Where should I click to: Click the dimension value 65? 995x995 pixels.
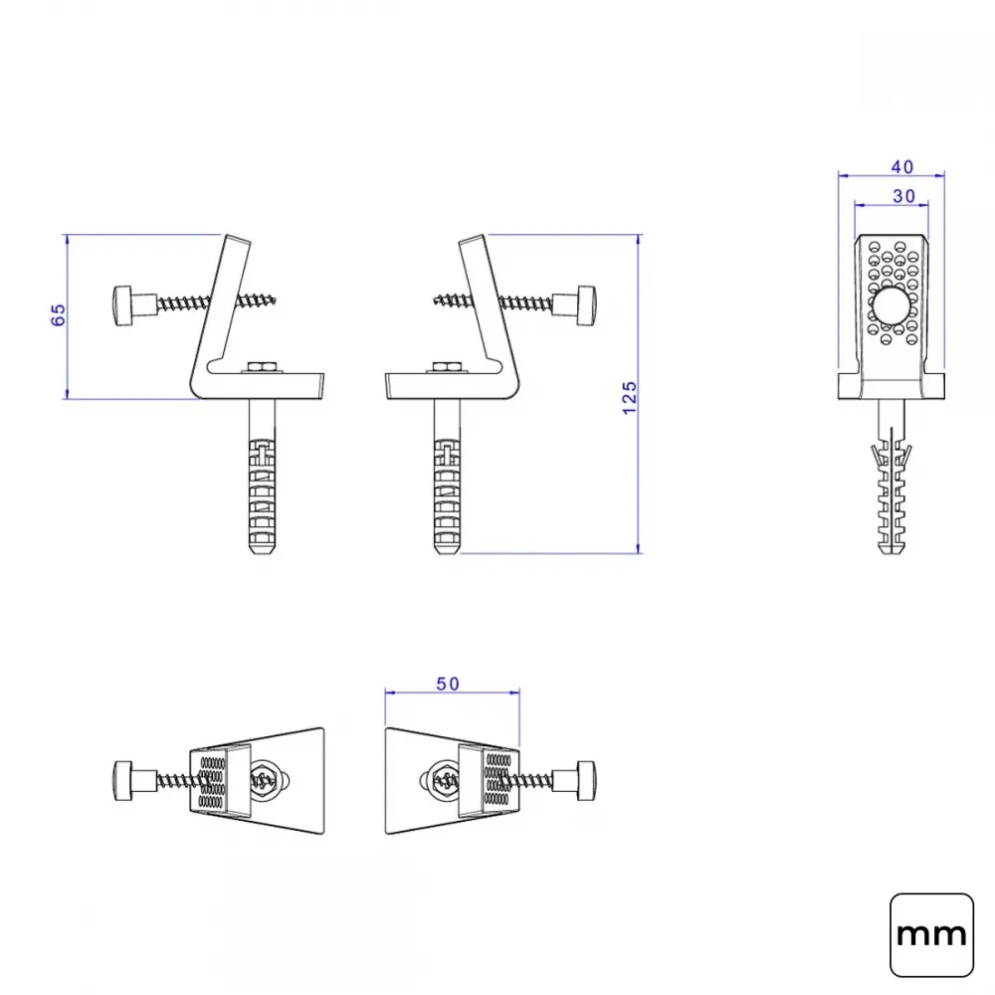pyautogui.click(x=58, y=314)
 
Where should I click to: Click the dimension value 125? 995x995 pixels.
pyautogui.click(x=629, y=399)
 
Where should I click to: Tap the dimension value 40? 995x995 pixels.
pyautogui.click(x=901, y=167)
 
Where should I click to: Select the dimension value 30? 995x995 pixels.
pyautogui.click(x=903, y=196)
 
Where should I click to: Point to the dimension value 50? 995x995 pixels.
pyautogui.click(x=448, y=684)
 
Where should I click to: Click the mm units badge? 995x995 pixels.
pyautogui.click(x=931, y=934)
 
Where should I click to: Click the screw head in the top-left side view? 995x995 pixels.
pyautogui.click(x=122, y=305)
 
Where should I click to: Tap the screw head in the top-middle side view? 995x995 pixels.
pyautogui.click(x=586, y=305)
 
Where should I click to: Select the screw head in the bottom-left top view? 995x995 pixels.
pyautogui.click(x=122, y=780)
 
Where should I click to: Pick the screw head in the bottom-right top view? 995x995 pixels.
pyautogui.click(x=586, y=780)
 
